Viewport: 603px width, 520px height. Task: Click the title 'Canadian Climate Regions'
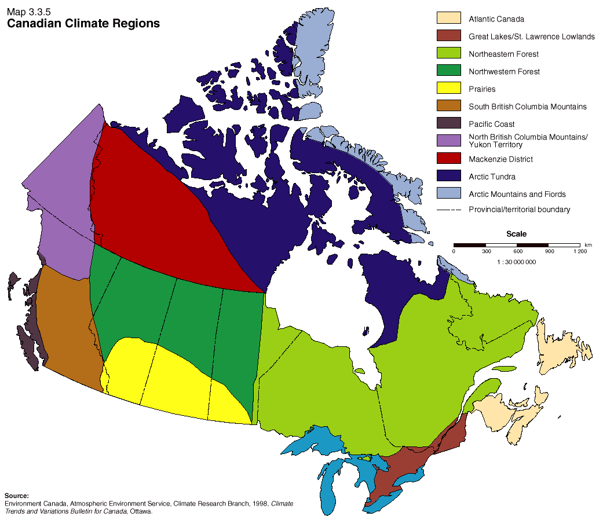pyautogui.click(x=83, y=24)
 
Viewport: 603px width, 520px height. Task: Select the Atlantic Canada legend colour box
pyautogui.click(x=448, y=19)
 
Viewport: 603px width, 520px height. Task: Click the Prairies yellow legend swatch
pyautogui.click(x=448, y=89)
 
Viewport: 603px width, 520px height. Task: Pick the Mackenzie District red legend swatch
pyautogui.click(x=448, y=159)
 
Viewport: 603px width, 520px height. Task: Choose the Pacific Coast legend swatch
pyautogui.click(x=448, y=123)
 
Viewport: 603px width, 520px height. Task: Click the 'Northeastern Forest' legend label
pyautogui.click(x=503, y=54)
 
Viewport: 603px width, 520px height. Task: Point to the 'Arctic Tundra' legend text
pyautogui.click(x=492, y=177)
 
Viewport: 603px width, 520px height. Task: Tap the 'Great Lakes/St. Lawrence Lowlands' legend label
pyautogui.click(x=531, y=36)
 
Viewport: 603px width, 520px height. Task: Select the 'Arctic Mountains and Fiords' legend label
pyautogui.click(x=517, y=194)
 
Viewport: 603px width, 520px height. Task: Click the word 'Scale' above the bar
pyautogui.click(x=516, y=234)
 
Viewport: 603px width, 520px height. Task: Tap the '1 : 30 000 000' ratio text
pyautogui.click(x=516, y=262)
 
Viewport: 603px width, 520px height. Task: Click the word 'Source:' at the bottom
pyautogui.click(x=16, y=496)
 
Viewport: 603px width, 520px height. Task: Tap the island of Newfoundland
pyautogui.click(x=559, y=347)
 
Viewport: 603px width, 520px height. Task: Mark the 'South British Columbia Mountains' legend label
pyautogui.click(x=527, y=107)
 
